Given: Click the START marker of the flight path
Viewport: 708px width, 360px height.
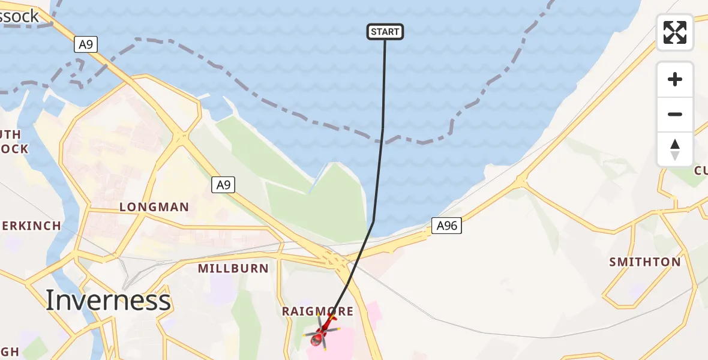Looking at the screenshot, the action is click(x=385, y=32).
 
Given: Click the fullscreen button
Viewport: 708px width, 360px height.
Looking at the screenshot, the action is click(x=675, y=32).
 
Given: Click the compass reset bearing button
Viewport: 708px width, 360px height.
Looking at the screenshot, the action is click(x=675, y=149).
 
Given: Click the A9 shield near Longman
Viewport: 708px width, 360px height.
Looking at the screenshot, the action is click(x=223, y=185).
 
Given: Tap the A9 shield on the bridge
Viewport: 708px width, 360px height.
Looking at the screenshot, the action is click(x=86, y=44).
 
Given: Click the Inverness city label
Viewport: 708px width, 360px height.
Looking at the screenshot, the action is click(x=108, y=299).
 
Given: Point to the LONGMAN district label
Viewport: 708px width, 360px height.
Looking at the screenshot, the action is click(x=154, y=207).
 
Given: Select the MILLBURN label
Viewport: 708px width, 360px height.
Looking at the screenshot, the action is click(x=233, y=268).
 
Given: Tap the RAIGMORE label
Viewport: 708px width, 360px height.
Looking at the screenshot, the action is click(x=318, y=311).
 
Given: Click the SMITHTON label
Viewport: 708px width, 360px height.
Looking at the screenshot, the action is click(x=645, y=262).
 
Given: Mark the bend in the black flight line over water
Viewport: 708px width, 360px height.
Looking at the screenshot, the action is click(x=373, y=221).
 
